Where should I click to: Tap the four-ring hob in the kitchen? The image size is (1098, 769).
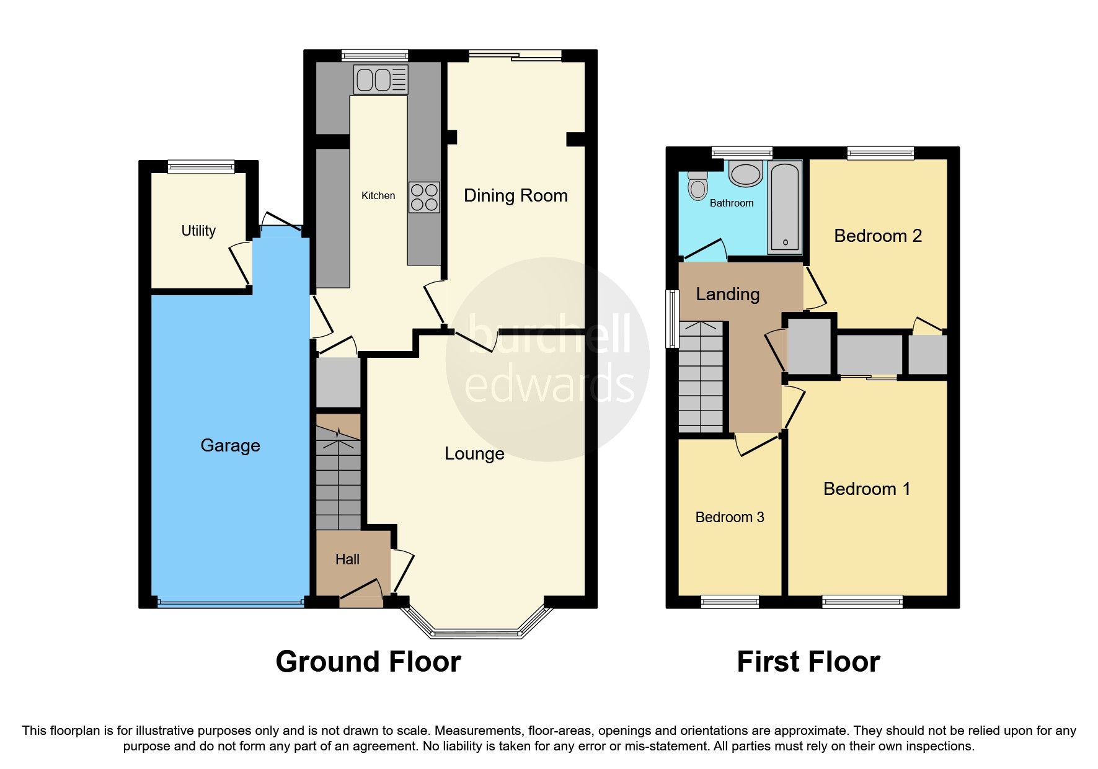point(424,197)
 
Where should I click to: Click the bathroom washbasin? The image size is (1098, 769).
point(746,174)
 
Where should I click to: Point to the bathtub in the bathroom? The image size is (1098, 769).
point(785,208)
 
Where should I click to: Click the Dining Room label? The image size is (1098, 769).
point(515,195)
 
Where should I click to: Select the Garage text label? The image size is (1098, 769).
point(230,445)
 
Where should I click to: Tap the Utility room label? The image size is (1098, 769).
point(198,231)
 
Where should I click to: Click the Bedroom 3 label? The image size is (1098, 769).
point(729,517)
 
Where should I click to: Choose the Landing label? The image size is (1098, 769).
point(727,294)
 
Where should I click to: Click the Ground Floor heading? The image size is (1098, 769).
point(368,662)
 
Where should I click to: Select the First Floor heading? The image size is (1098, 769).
point(808,662)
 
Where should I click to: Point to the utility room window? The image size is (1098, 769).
point(201,166)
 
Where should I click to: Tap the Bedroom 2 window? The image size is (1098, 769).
point(880,153)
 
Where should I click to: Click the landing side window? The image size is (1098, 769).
point(671,319)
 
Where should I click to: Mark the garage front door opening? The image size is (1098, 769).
point(230,602)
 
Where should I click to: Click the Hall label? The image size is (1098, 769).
point(347,559)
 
